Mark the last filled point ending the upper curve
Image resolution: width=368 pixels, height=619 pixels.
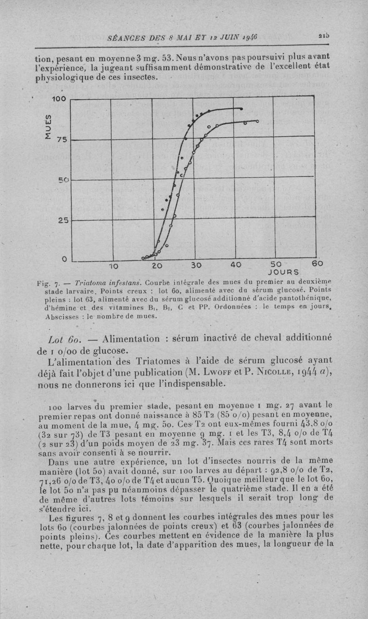point(241,109)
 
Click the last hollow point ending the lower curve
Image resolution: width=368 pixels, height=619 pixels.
point(257,121)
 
